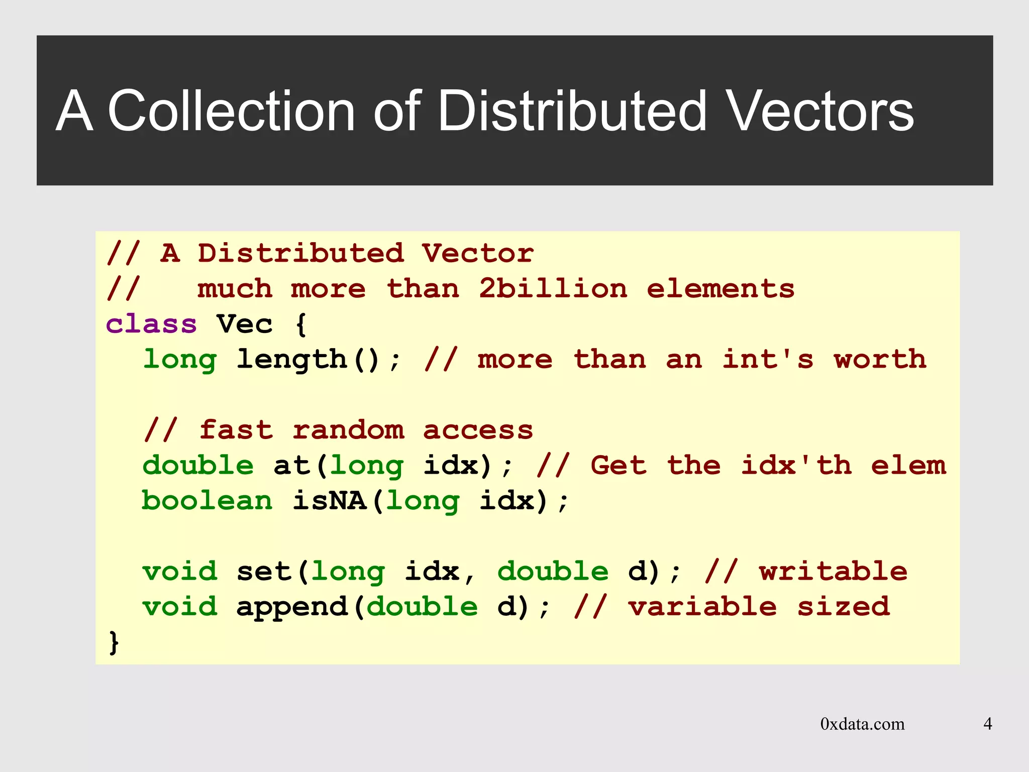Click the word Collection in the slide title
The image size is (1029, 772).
pos(232,111)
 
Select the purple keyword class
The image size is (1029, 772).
pos(151,324)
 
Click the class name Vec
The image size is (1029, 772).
pos(245,324)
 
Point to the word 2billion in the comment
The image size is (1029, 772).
pos(553,289)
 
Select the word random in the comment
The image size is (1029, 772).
pos(348,430)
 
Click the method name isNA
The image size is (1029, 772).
pos(330,501)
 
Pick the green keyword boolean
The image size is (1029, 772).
pos(207,501)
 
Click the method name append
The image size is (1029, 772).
pos(292,607)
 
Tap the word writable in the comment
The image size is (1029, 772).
pos(833,572)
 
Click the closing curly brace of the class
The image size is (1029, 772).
pos(114,642)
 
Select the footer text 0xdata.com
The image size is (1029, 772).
pos(862,724)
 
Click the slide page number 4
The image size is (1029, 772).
pos(987,724)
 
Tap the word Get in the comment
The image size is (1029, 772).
pos(618,466)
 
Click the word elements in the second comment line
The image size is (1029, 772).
pos(721,289)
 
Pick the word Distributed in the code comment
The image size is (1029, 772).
pos(300,253)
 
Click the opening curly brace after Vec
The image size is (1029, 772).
pos(301,325)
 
